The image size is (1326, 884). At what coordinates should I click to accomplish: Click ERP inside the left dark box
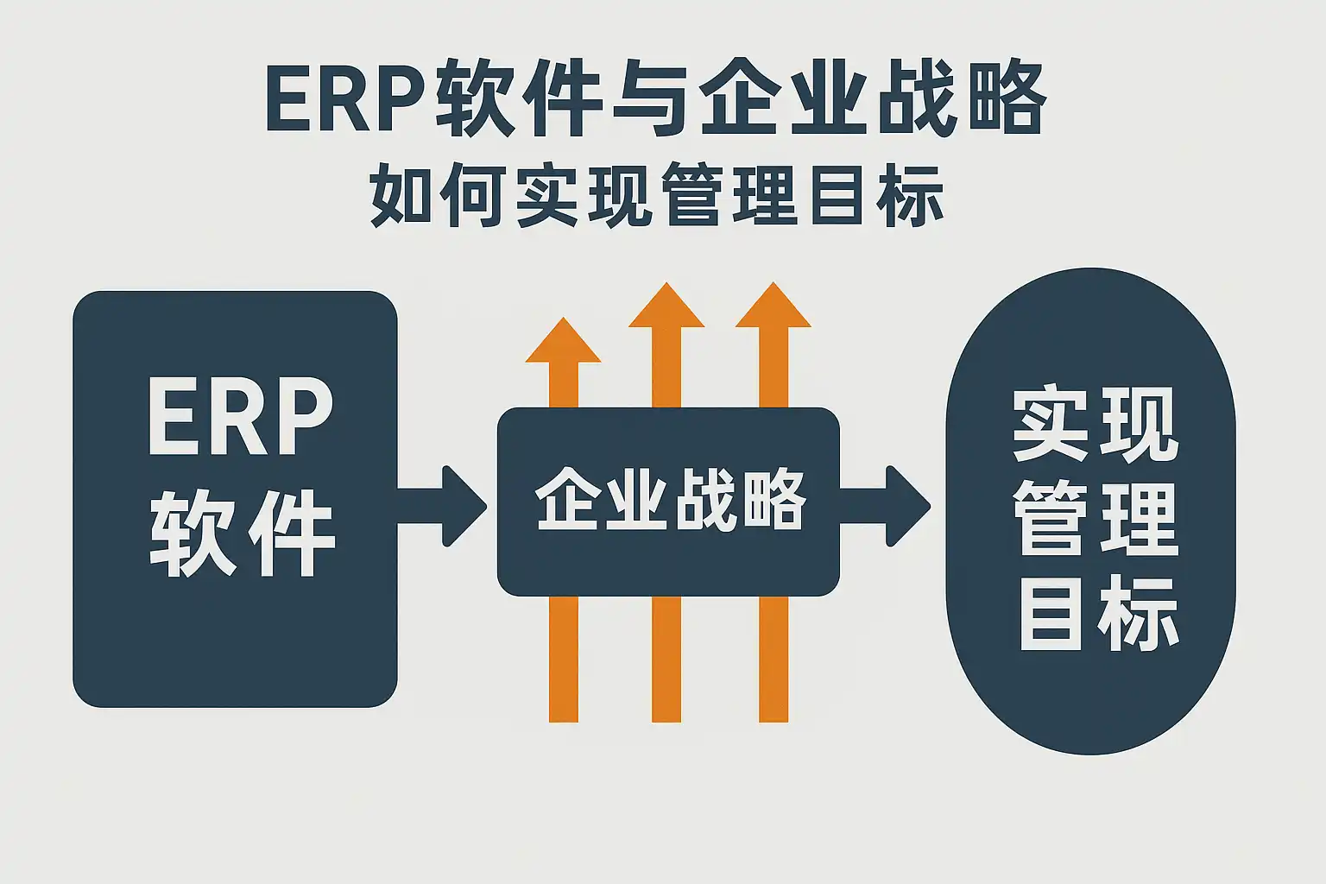240,418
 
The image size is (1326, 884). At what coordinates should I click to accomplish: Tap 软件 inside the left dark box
242,533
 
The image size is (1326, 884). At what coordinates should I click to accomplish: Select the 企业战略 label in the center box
670,501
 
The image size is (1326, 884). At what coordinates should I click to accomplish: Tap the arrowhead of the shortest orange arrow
563,340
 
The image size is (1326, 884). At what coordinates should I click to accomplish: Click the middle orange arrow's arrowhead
666,306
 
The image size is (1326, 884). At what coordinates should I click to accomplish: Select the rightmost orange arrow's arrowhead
773,306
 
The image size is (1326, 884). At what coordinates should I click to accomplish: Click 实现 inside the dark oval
1096,425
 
